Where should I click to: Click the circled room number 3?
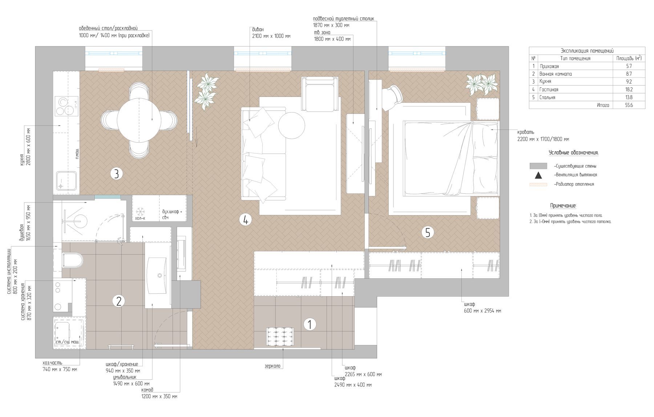click(x=116, y=174)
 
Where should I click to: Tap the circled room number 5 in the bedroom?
click(x=428, y=232)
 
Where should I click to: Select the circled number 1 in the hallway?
click(x=310, y=324)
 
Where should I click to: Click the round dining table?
click(x=139, y=120)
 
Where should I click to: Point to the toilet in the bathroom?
click(x=72, y=260)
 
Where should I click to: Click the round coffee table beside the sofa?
click(x=291, y=125)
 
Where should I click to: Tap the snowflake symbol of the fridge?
click(x=140, y=211)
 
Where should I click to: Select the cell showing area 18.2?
click(x=629, y=89)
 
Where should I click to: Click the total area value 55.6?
click(x=629, y=105)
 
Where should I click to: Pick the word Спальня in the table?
click(x=547, y=97)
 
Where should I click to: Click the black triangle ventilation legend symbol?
click(x=538, y=175)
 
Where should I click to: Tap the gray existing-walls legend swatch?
click(x=538, y=166)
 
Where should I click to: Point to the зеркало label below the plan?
click(x=272, y=366)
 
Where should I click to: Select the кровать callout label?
click(x=526, y=132)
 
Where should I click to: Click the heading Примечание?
click(x=563, y=206)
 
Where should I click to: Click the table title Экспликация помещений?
click(x=587, y=51)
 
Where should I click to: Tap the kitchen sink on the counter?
click(x=66, y=181)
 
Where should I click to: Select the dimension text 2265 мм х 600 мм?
click(x=363, y=374)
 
